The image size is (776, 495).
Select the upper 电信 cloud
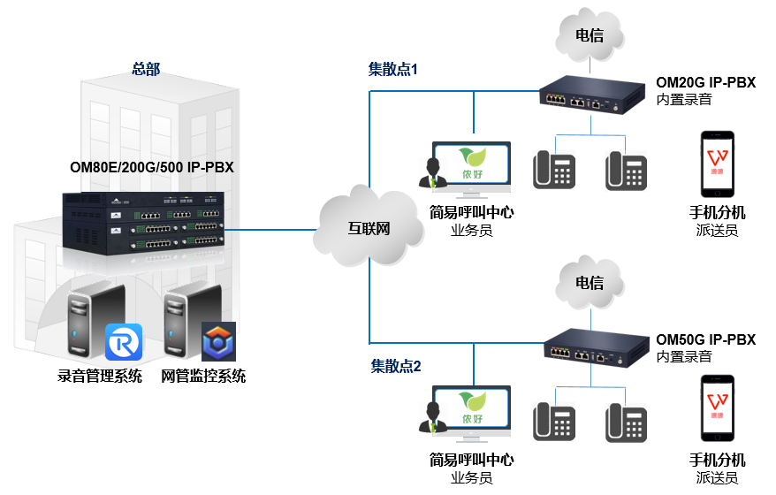tap(589, 36)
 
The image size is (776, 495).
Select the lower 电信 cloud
tap(589, 284)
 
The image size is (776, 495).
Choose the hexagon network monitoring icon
tap(217, 342)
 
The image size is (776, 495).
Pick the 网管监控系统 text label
tap(203, 376)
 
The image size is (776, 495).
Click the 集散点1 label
tap(392, 68)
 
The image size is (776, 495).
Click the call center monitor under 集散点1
tap(471, 167)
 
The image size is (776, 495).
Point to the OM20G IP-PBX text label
tap(705, 83)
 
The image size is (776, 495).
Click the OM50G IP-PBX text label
tap(705, 340)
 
